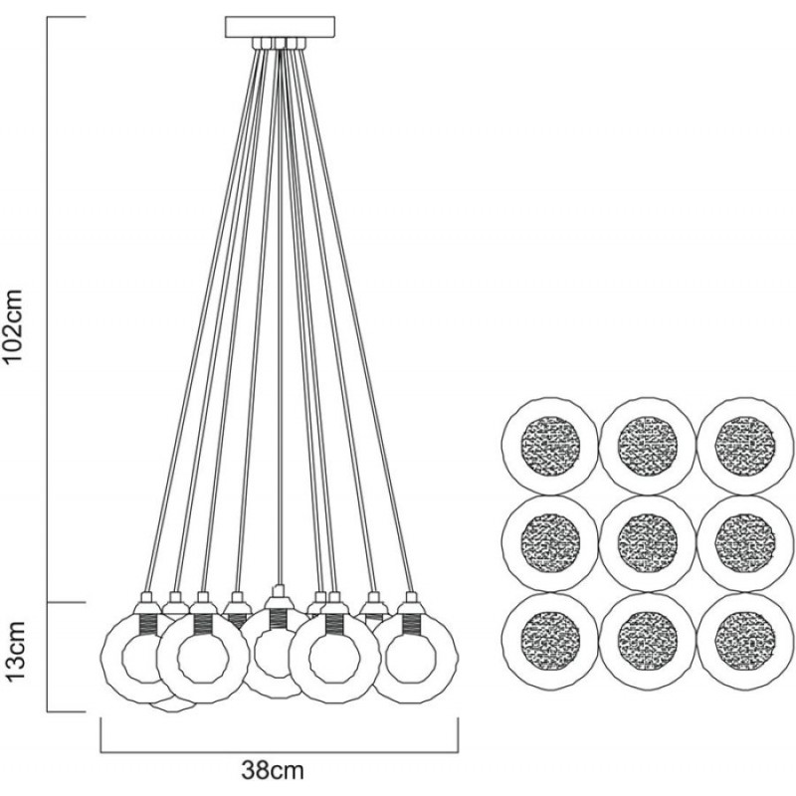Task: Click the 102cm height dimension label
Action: (13, 326)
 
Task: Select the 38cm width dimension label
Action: (273, 770)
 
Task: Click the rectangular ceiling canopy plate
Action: (281, 27)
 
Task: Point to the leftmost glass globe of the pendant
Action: (103, 655)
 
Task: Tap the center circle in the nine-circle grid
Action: (648, 542)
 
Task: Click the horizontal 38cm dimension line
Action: (280, 752)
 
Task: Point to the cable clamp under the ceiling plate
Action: (280, 44)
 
